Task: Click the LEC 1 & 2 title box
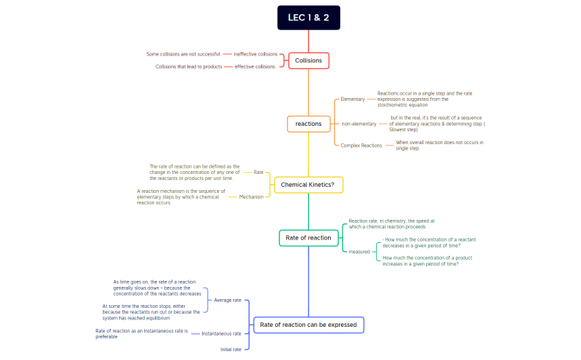tap(308, 18)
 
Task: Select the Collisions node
tap(308, 60)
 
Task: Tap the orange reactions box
tap(308, 124)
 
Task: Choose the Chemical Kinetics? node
tap(308, 185)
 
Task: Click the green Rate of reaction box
tap(308, 238)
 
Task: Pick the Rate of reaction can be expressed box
tap(308, 325)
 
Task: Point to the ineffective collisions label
tap(255, 54)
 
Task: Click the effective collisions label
tap(255, 67)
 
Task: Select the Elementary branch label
tap(352, 99)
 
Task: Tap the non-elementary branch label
tap(358, 124)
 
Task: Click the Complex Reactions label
tap(361, 145)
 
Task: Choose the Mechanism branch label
tap(251, 197)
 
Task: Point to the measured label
tap(359, 252)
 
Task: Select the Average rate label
tap(227, 300)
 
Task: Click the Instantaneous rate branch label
tap(221, 334)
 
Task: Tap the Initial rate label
tap(231, 350)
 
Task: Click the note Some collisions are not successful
tap(183, 54)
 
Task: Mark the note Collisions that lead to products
tap(189, 67)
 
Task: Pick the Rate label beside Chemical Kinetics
tap(258, 173)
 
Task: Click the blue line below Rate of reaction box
tap(308, 282)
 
